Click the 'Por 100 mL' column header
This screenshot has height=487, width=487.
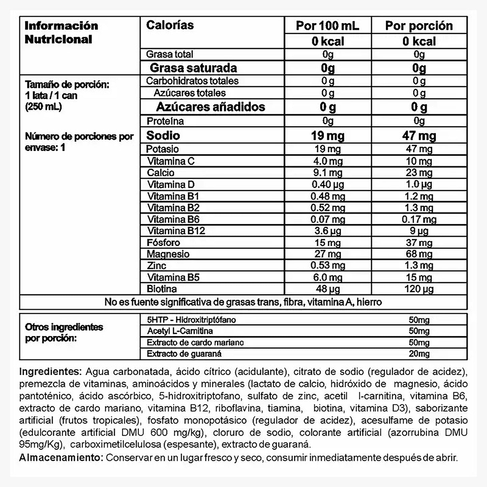(x=328, y=26)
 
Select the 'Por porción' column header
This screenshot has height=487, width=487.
(x=419, y=26)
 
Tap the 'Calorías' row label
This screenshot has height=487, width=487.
(x=170, y=25)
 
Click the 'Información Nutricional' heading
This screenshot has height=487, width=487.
(x=61, y=32)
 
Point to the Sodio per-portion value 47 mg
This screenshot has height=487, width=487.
(x=419, y=135)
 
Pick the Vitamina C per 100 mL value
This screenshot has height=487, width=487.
(x=328, y=161)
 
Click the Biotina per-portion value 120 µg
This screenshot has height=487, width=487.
(x=419, y=289)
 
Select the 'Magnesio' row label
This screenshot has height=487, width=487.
(x=168, y=254)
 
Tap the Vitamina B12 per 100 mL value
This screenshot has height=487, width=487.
(x=328, y=231)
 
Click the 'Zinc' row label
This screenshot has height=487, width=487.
(x=156, y=266)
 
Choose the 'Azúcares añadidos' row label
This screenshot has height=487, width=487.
(x=211, y=107)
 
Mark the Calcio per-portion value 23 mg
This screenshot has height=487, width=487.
(x=419, y=173)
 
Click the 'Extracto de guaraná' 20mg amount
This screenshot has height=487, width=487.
(x=419, y=354)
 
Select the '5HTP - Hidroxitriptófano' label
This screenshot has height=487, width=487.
(x=191, y=319)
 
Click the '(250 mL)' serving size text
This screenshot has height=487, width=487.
(x=43, y=106)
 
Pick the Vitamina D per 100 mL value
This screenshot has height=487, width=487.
(x=328, y=184)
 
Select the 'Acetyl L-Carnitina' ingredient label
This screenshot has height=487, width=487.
(x=180, y=331)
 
